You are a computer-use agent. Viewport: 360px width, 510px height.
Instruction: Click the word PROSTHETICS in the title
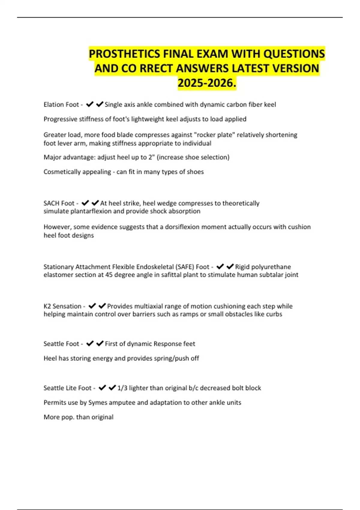(124, 54)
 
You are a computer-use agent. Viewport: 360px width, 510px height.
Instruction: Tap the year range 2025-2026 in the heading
(207, 83)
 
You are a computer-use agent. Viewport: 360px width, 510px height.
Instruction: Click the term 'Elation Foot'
(61, 105)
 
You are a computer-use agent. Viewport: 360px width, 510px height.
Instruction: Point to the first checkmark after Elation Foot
(90, 104)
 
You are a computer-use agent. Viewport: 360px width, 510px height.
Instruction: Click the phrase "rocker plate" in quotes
(216, 135)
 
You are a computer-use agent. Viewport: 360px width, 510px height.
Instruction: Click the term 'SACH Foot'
(59, 203)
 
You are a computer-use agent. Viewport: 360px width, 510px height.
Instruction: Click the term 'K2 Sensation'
(62, 306)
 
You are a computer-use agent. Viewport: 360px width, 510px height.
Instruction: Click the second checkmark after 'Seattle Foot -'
(100, 343)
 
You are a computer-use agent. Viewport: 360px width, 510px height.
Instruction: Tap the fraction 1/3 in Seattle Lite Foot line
(122, 388)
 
